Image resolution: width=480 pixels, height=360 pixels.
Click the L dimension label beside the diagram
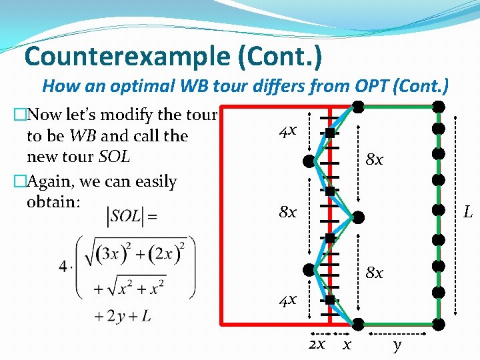pyautogui.click(x=468, y=213)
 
